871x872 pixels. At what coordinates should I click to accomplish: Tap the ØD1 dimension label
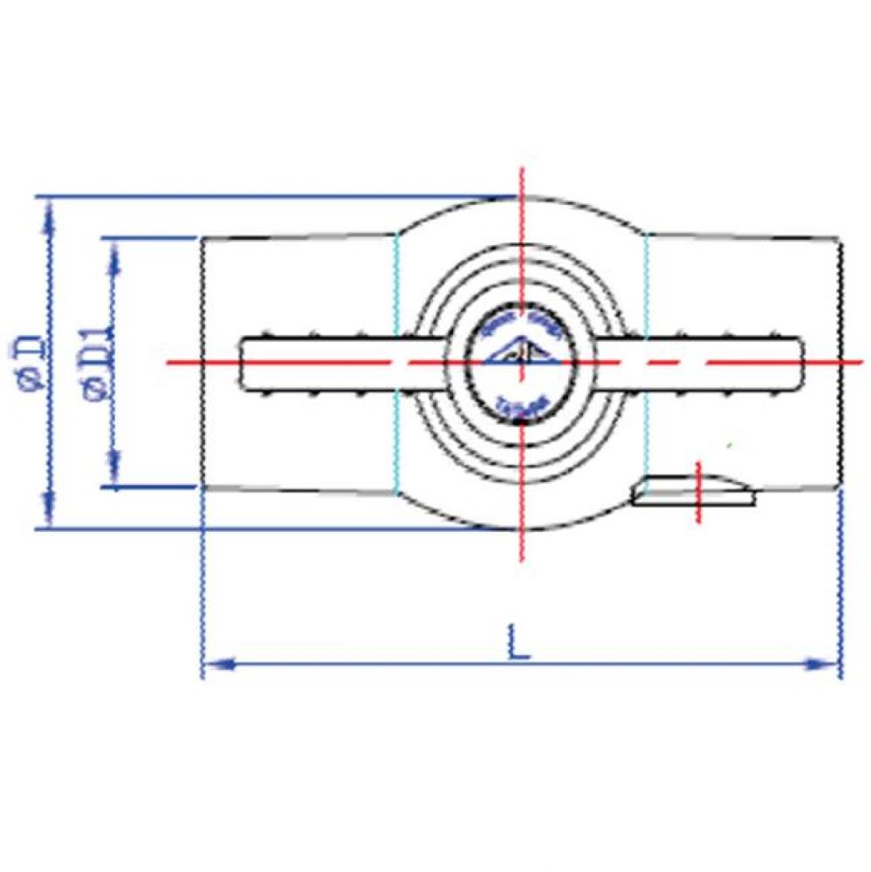pyautogui.click(x=99, y=361)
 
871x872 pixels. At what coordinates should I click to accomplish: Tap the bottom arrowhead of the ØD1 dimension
pyautogui.click(x=113, y=471)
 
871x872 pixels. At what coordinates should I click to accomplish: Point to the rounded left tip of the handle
pyautogui.click(x=244, y=362)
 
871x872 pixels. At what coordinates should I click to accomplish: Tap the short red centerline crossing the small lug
pyautogui.click(x=698, y=492)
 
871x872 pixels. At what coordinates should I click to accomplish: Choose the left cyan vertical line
pyautogui.click(x=397, y=362)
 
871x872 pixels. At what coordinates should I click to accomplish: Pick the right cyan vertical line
pyautogui.click(x=646, y=362)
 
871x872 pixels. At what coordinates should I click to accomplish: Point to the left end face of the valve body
pyautogui.click(x=202, y=362)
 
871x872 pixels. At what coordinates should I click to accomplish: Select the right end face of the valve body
pyautogui.click(x=841, y=362)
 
